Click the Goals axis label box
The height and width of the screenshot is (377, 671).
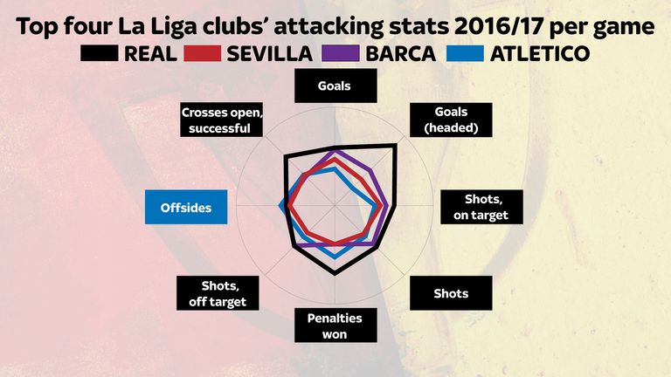[x=335, y=86]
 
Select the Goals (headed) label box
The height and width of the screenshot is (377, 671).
[x=451, y=120]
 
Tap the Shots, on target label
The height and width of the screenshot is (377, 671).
[x=481, y=207]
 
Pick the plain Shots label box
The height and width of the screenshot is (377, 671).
[x=451, y=293]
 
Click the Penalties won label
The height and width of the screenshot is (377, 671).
[x=334, y=326]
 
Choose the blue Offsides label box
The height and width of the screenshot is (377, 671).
[x=186, y=208]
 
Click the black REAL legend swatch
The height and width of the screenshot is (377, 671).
[x=100, y=54]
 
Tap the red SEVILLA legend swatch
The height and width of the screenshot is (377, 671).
[x=203, y=54]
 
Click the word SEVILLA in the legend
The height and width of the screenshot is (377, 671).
[x=269, y=54]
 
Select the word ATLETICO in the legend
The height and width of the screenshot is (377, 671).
[x=539, y=54]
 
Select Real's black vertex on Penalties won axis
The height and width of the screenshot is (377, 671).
[x=335, y=274]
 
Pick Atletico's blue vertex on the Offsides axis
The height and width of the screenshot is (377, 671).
[x=279, y=205]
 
